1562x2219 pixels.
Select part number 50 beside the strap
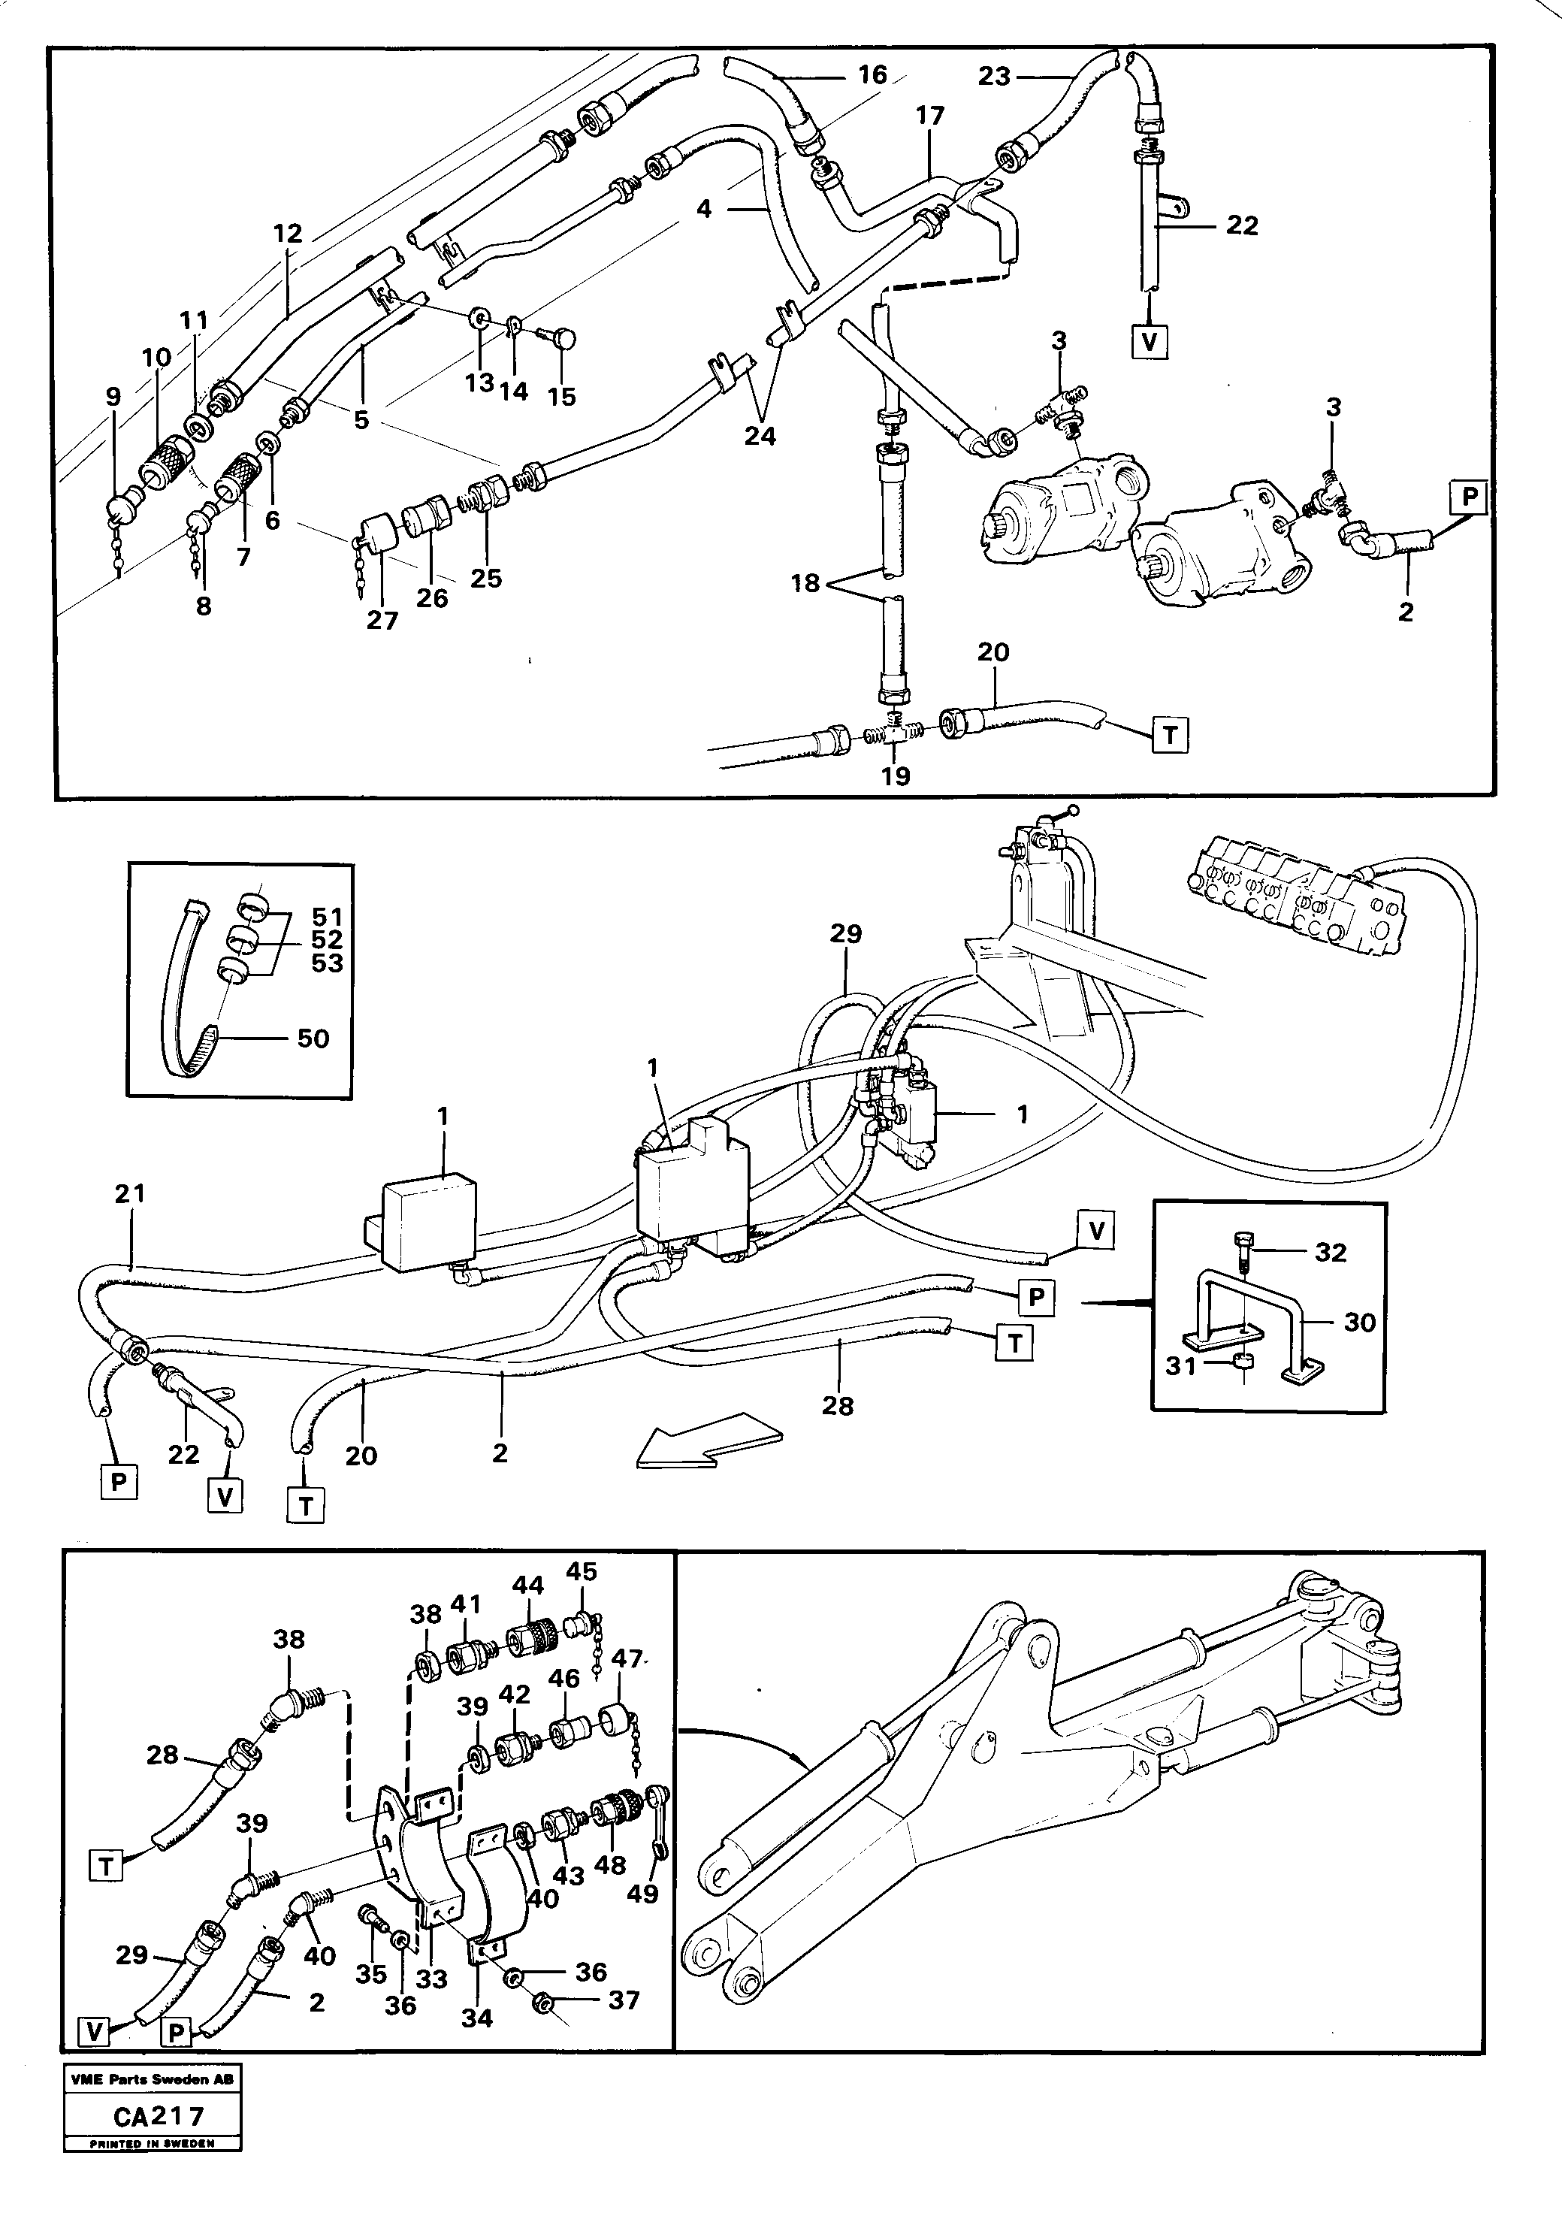pyautogui.click(x=313, y=1039)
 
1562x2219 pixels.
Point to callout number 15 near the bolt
pyautogui.click(x=561, y=396)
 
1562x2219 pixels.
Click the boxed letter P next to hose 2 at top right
pyautogui.click(x=1469, y=497)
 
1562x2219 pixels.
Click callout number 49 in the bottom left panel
pyautogui.click(x=642, y=1894)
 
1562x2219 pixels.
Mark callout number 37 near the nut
pyautogui.click(x=624, y=2000)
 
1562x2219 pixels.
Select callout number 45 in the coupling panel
pyautogui.click(x=581, y=1571)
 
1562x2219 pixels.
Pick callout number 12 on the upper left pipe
pyautogui.click(x=287, y=233)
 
